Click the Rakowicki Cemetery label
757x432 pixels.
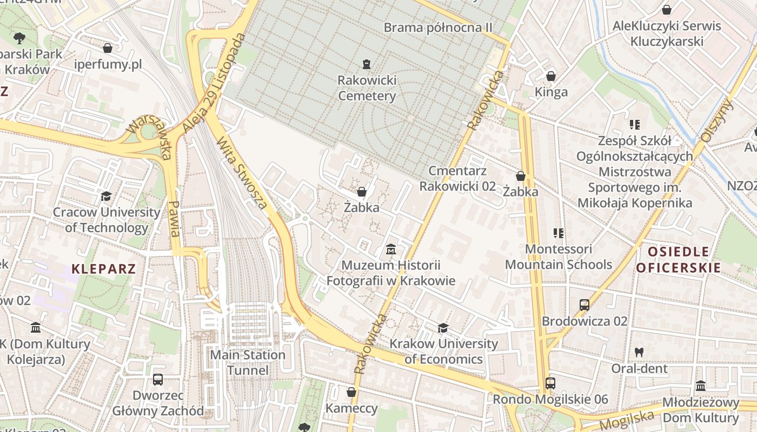[367, 88]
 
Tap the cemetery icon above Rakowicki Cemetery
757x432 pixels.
[367, 64]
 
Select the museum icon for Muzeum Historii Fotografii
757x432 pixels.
[390, 249]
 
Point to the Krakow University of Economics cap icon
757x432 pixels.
[443, 328]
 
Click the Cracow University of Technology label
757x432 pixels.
[106, 220]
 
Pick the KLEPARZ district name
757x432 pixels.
[103, 268]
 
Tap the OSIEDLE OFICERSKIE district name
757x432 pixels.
[679, 259]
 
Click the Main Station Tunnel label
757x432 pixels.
[248, 362]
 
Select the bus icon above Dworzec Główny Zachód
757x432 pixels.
[157, 380]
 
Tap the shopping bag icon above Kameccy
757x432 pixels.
[351, 392]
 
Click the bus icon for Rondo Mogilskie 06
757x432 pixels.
[550, 383]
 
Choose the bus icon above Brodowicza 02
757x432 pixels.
[584, 305]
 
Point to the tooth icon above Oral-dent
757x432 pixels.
[639, 352]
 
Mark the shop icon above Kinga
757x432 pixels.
[550, 76]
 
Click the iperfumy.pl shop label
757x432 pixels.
[108, 65]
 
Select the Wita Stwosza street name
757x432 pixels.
[242, 173]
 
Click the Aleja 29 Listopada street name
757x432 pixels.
[214, 84]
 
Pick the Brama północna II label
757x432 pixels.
[438, 27]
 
